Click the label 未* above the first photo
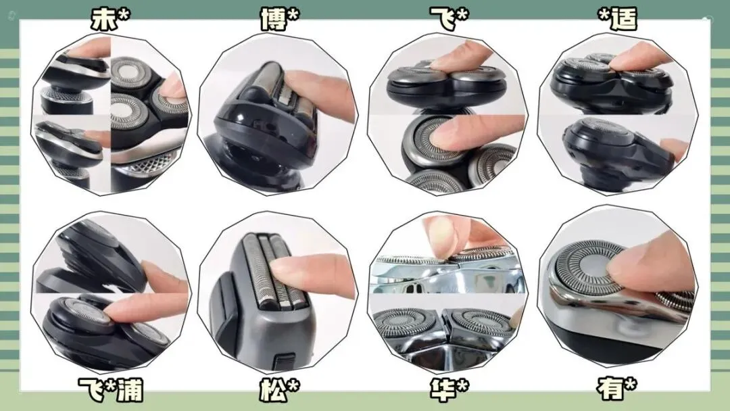[111, 19]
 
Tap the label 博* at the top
[279, 19]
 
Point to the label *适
[617, 19]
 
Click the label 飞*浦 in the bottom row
[110, 389]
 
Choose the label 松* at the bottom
[279, 389]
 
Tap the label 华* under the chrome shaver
[449, 389]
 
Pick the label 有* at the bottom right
[617, 389]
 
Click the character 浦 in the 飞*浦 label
[130, 390]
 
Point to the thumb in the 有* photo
[652, 263]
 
